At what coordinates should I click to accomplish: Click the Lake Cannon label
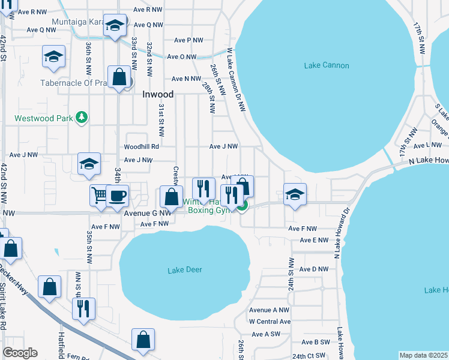tap(327, 65)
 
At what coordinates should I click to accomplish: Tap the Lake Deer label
tap(185, 270)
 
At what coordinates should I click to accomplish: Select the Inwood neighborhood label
tap(158, 94)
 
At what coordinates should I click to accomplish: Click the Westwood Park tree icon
tap(85, 116)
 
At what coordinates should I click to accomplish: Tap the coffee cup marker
tap(118, 196)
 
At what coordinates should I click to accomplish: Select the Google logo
tap(20, 353)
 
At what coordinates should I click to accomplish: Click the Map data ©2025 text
tap(423, 355)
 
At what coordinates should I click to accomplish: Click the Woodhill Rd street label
tap(141, 146)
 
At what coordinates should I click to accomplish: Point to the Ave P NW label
tap(188, 40)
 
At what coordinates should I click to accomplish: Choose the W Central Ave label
tap(270, 322)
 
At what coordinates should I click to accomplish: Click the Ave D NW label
tap(314, 269)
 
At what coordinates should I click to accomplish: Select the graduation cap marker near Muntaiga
tap(115, 25)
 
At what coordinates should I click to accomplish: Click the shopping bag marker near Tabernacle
tap(119, 77)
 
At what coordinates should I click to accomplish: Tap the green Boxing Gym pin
tap(241, 206)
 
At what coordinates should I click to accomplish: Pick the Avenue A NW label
tap(269, 310)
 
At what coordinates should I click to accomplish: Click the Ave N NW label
tap(186, 79)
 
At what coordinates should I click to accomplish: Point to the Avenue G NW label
tap(148, 212)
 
